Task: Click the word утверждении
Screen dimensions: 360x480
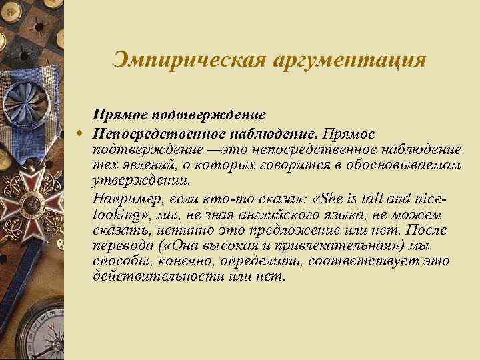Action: tap(141, 181)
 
